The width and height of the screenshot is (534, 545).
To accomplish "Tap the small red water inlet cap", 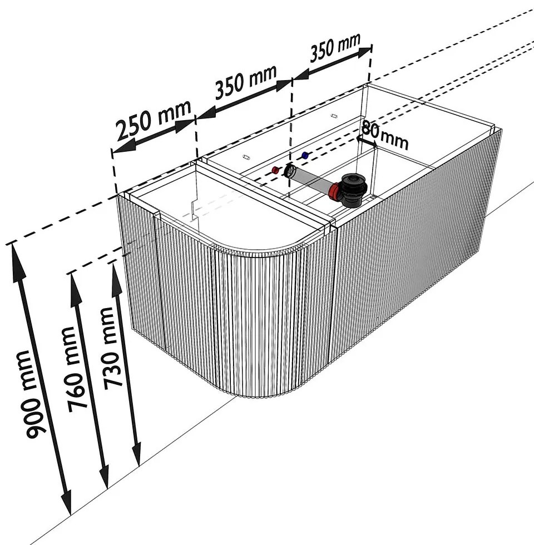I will (x=275, y=169).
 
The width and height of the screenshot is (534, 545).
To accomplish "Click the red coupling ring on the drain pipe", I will (x=333, y=193).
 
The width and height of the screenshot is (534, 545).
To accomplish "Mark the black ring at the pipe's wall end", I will (x=290, y=171).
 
